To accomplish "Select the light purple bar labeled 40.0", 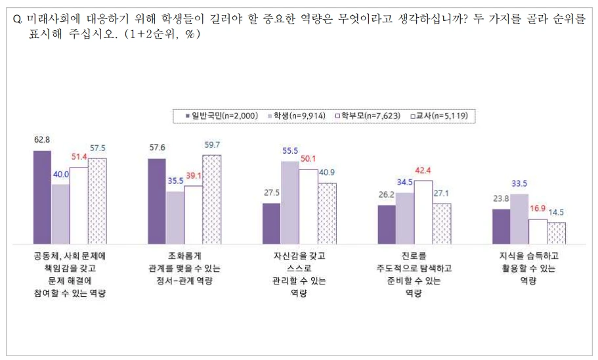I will tap(60, 214).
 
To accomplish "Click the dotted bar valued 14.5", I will tap(557, 233).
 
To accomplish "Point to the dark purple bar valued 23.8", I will tap(501, 226).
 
